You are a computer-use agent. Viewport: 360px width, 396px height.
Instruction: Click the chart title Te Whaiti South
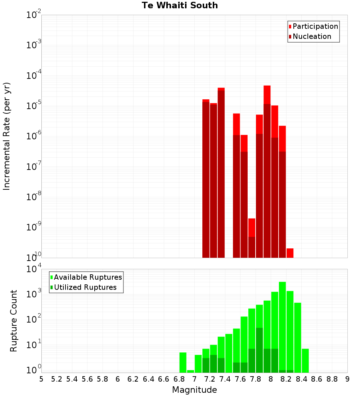(180, 5)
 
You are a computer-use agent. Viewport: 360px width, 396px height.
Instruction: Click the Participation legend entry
(315, 27)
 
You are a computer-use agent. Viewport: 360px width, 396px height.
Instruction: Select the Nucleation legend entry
(312, 37)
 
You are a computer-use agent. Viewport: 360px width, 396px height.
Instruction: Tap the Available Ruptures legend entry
(88, 278)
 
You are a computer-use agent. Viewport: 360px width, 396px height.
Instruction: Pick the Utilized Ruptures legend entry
(85, 288)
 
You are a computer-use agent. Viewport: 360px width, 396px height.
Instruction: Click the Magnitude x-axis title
(194, 390)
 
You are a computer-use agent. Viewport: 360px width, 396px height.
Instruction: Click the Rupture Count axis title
(14, 321)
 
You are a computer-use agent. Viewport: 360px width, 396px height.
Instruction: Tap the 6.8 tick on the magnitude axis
(179, 379)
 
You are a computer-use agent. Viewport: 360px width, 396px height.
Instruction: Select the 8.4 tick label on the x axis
(301, 379)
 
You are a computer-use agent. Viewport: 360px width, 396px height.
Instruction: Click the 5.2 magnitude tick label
(57, 379)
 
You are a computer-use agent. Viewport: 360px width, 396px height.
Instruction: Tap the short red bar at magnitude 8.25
(290, 253)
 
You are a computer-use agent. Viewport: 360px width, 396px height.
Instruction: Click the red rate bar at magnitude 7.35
(221, 173)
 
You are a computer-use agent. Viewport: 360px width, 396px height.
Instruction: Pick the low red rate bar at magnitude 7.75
(252, 238)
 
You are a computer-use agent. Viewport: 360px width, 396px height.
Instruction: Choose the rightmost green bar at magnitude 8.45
(305, 360)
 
